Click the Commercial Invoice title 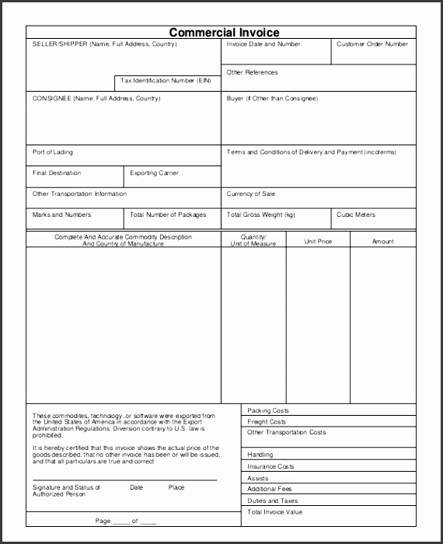(225, 32)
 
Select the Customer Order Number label (371, 44)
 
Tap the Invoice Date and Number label (263, 44)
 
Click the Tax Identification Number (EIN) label (166, 81)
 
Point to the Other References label (252, 72)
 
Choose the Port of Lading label (53, 152)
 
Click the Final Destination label (57, 173)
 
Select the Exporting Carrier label (154, 173)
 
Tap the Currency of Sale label (251, 194)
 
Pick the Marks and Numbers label (61, 214)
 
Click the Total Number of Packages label (168, 214)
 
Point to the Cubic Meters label (356, 214)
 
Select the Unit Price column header (318, 242)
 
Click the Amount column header (383, 242)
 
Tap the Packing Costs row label (268, 410)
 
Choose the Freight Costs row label (267, 422)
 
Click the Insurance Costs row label (270, 466)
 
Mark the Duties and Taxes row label (272, 501)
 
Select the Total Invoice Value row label (275, 512)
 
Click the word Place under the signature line (176, 487)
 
